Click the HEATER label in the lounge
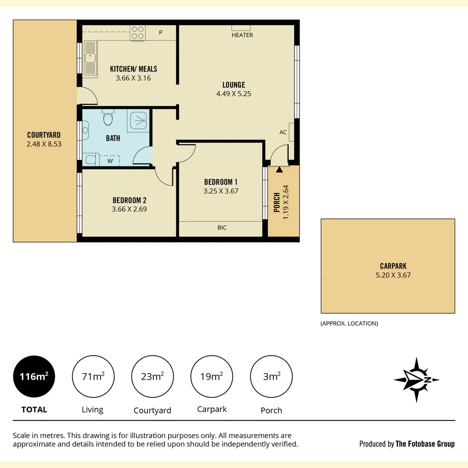(x=242, y=35)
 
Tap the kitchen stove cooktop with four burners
(x=138, y=33)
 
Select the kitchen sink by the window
(x=91, y=57)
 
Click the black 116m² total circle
(x=34, y=377)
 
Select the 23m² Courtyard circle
(x=153, y=377)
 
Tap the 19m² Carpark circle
(x=212, y=377)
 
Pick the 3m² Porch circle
(x=271, y=377)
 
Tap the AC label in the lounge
(x=283, y=132)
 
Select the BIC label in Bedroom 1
(x=222, y=227)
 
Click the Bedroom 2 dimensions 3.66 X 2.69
(x=129, y=209)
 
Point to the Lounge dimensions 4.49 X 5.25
(x=234, y=94)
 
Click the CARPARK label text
(x=393, y=266)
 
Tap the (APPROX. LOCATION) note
(x=349, y=323)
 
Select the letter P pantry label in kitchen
(x=160, y=32)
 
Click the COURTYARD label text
(x=44, y=135)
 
